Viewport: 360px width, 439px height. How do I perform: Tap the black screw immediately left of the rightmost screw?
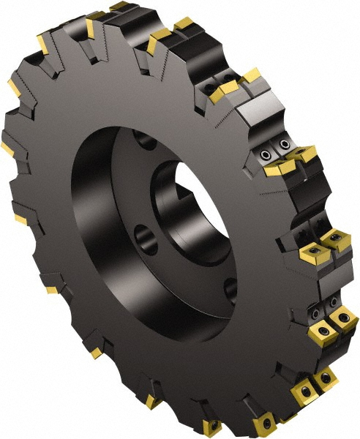coord(321,326)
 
